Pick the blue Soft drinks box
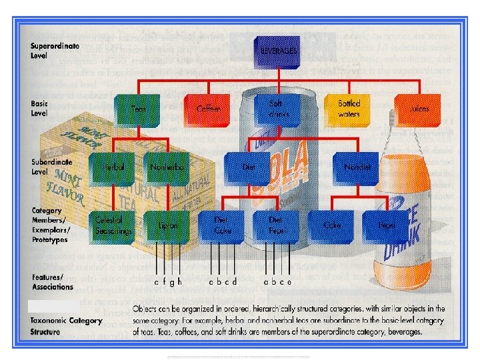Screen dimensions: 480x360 click(x=275, y=108)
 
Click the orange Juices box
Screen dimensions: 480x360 click(x=419, y=108)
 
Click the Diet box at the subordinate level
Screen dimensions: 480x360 click(x=248, y=167)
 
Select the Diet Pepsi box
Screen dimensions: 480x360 click(x=275, y=226)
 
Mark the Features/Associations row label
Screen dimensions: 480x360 click(x=51, y=282)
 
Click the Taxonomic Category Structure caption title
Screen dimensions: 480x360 click(x=66, y=325)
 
